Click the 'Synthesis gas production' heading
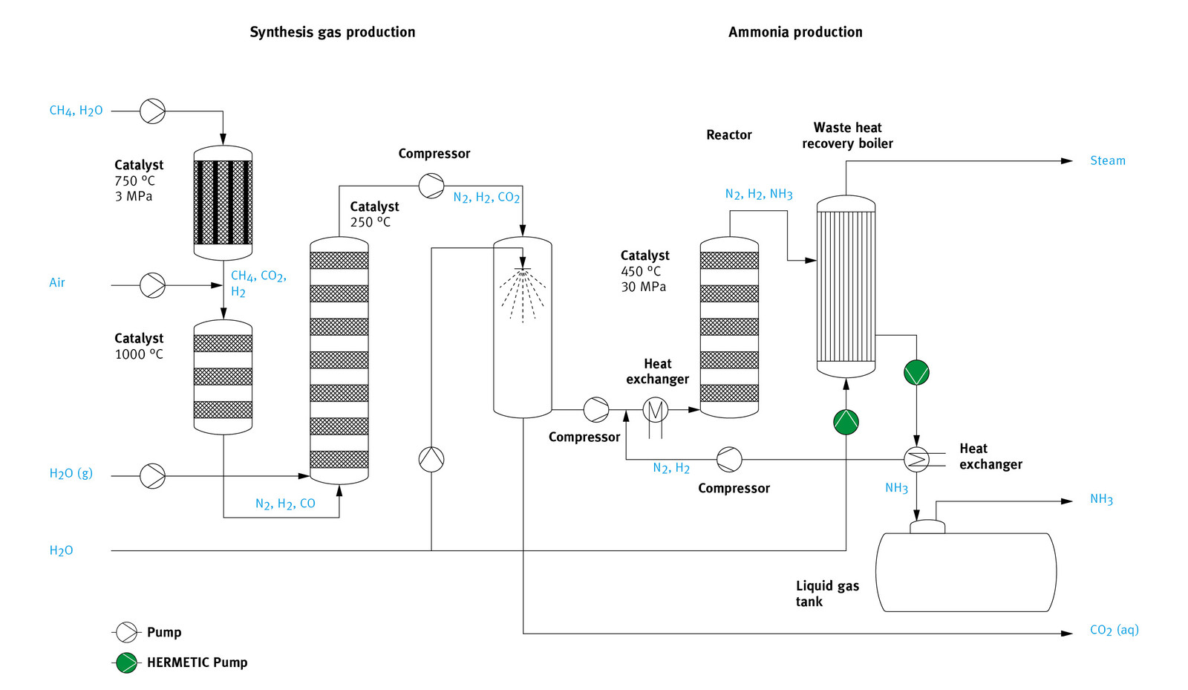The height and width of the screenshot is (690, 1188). [332, 32]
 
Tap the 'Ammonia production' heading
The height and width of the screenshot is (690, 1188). [794, 32]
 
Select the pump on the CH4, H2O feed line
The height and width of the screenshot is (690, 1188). [152, 111]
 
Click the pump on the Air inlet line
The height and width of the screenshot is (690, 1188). [152, 285]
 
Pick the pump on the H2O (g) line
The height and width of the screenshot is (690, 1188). [152, 475]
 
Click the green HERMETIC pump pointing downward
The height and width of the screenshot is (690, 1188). [916, 372]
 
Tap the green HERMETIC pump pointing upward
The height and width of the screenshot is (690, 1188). [846, 422]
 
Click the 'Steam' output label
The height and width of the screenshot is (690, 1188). [1107, 160]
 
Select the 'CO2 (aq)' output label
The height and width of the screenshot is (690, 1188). [1114, 630]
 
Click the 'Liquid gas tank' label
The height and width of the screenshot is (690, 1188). [826, 593]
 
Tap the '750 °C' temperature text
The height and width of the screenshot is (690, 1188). [134, 180]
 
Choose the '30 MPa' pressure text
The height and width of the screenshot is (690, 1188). [643, 287]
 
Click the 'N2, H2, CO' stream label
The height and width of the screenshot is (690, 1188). [285, 504]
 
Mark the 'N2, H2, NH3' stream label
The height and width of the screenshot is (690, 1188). [758, 194]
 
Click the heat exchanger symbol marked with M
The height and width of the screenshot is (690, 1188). [655, 409]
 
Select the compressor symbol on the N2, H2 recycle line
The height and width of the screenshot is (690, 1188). [728, 460]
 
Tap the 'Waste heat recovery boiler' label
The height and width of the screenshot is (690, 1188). [847, 135]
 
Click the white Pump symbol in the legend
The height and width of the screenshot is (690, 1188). [127, 632]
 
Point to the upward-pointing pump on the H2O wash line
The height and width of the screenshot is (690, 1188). [431, 460]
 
